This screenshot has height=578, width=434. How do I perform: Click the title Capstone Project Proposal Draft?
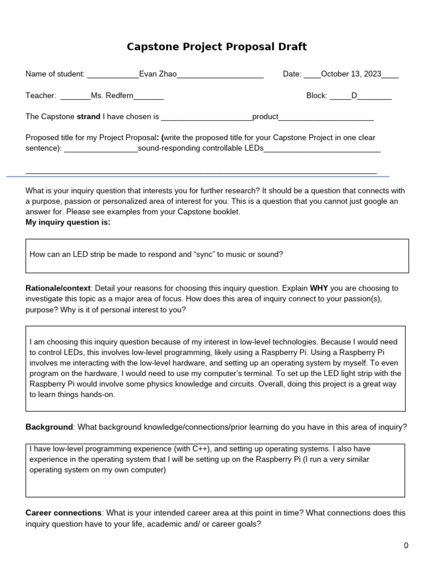point(216,47)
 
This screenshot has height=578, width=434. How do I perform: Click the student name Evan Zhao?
point(158,74)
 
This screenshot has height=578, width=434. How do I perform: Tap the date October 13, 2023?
point(351,74)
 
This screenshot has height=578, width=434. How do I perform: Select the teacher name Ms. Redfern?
point(112,95)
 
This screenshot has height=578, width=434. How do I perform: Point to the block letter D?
point(354,95)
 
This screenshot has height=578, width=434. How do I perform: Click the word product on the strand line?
point(265,117)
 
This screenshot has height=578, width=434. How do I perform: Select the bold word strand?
point(88,117)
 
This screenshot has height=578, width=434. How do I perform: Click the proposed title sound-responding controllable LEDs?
point(201,148)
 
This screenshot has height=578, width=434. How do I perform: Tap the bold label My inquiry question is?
point(68,222)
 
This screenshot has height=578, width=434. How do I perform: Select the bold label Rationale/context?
point(58,288)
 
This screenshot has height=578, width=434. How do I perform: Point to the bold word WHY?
point(319,288)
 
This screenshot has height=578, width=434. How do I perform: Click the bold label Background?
point(49,427)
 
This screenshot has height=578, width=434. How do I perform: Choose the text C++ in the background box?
point(201,449)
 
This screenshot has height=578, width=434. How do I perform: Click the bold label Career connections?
point(63,513)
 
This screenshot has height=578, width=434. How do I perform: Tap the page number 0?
point(406,545)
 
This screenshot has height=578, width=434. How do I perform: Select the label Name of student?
point(55,74)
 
